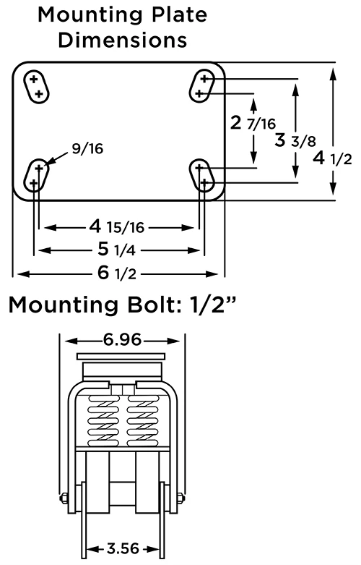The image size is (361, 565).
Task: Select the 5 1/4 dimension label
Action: pos(116,250)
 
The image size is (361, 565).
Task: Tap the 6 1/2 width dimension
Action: pos(117,273)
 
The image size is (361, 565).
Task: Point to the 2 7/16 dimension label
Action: pos(253,123)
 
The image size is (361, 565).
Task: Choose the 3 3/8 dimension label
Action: pos(295,140)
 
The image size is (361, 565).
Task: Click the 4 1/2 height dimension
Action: pos(332,158)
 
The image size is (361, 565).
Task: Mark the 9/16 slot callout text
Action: pos(87,148)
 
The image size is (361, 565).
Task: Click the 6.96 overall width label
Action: pos(122,339)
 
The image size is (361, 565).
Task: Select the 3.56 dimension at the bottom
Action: pos(123,549)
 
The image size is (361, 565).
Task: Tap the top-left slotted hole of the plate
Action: pos(36,87)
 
